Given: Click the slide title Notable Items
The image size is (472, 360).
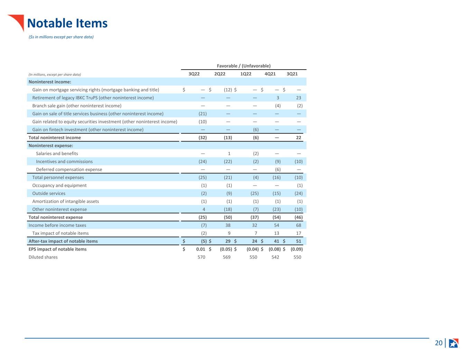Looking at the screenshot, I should tap(67, 23).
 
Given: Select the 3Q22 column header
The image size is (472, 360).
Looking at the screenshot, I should tap(194, 74).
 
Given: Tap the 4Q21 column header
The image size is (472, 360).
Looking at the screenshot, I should tap(270, 74).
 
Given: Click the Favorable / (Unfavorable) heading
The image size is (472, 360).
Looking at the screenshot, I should tap(243, 66).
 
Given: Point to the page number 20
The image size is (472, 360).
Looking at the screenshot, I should tap(438, 343).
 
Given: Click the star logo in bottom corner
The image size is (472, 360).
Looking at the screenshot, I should tap(453, 343).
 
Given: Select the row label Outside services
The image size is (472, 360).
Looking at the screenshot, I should tap(49, 193).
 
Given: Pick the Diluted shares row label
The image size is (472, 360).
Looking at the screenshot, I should tap(43, 257).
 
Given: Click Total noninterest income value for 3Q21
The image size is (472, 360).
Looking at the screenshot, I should tap(298, 138).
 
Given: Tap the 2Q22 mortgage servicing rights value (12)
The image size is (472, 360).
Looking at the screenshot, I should tap(228, 90).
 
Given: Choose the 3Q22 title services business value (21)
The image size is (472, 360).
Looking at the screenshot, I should tap(203, 114).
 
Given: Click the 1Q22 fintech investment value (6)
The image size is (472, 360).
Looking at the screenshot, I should tap(256, 130).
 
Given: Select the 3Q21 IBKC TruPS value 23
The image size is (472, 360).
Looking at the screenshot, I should tap(298, 98).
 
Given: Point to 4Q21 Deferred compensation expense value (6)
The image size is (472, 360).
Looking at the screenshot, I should tap(278, 170).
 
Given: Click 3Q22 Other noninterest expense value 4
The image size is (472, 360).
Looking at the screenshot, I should tap(204, 209).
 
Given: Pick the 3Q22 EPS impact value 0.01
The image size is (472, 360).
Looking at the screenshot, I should tap(201, 249).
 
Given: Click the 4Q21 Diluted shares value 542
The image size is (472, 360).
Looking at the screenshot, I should tap(275, 257).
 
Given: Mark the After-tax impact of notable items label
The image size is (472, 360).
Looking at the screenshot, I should tap(63, 241).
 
